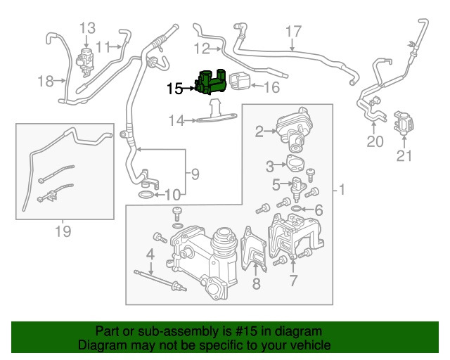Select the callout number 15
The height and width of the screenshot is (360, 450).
point(174,89)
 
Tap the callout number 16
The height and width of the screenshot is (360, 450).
point(271,88)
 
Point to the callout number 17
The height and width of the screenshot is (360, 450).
point(293,31)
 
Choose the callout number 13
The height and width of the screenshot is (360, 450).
point(86,28)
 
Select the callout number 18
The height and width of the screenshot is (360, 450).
point(46,82)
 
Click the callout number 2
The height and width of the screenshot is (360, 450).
point(259,131)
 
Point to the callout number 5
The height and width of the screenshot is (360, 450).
point(276,185)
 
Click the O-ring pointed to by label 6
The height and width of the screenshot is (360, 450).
point(297,210)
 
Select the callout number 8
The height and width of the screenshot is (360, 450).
point(256,284)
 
